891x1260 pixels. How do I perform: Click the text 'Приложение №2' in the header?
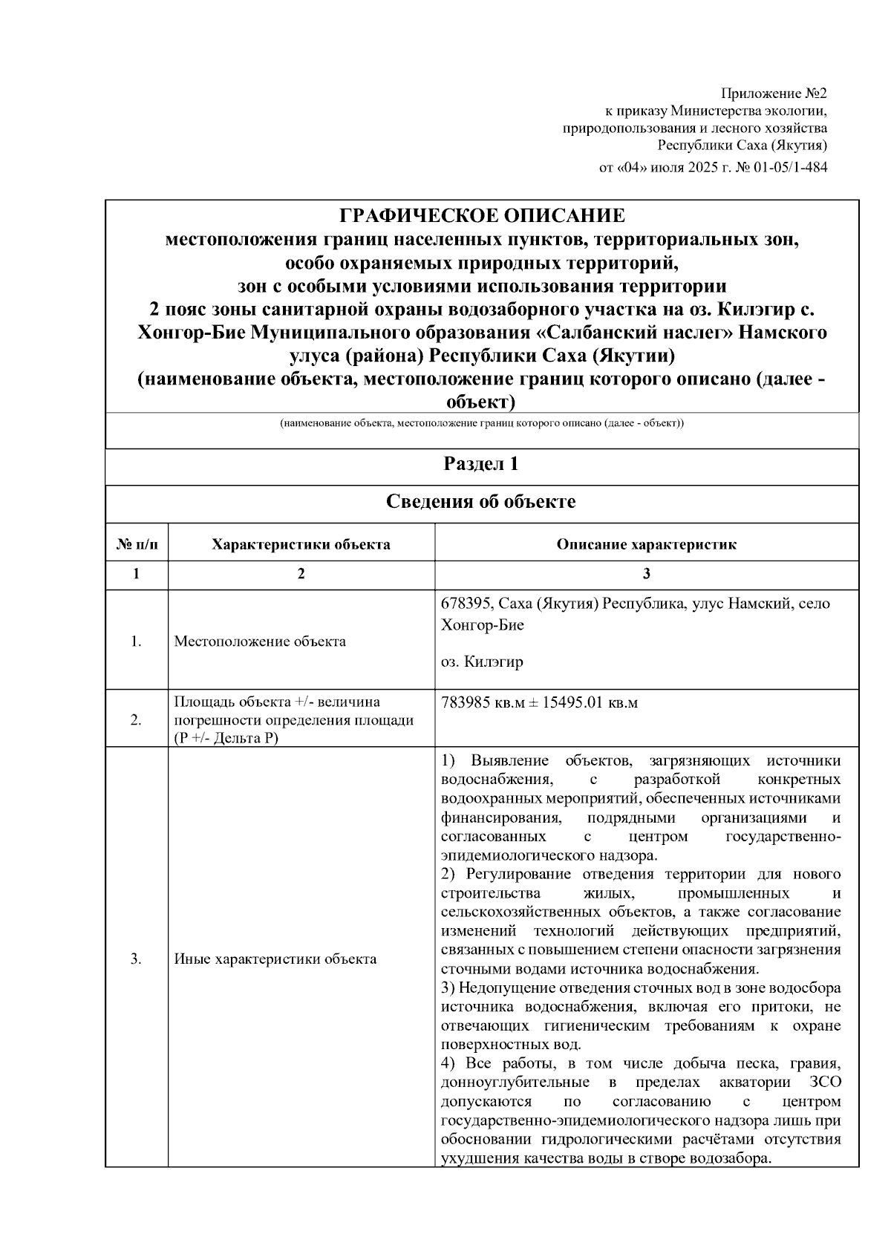pyautogui.click(x=774, y=94)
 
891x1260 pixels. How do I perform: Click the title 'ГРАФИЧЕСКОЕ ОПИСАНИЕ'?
pyautogui.click(x=482, y=216)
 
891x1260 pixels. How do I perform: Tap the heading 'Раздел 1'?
pyautogui.click(x=481, y=464)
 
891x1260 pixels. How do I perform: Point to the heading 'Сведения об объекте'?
pyautogui.click(x=481, y=502)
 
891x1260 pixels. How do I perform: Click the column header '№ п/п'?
pyautogui.click(x=137, y=544)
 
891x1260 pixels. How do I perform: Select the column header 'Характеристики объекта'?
pyautogui.click(x=301, y=544)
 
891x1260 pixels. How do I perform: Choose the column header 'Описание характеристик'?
pyautogui.click(x=646, y=544)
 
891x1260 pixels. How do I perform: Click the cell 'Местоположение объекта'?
pyautogui.click(x=260, y=642)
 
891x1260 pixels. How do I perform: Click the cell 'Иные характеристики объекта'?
pyautogui.click(x=275, y=959)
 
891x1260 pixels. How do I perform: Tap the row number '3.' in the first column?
pyautogui.click(x=137, y=959)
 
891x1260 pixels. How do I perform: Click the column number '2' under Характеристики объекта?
pyautogui.click(x=301, y=574)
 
